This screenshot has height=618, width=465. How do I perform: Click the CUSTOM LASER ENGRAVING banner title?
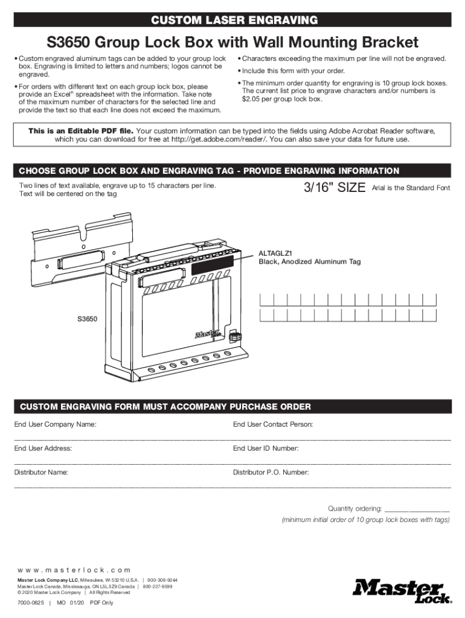click(234, 21)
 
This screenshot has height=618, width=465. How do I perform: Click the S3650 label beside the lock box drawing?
click(87, 318)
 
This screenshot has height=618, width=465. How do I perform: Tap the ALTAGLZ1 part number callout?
click(275, 253)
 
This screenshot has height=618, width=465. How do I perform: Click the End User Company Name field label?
click(56, 425)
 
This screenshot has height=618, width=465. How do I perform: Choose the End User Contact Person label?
click(272, 425)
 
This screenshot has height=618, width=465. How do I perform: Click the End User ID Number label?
click(266, 448)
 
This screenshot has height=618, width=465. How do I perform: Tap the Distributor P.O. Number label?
click(271, 472)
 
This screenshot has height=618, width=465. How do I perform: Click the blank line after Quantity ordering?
click(417, 509)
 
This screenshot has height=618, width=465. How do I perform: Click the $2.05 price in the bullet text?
click(251, 99)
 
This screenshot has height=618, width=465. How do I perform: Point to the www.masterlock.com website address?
click(74, 570)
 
